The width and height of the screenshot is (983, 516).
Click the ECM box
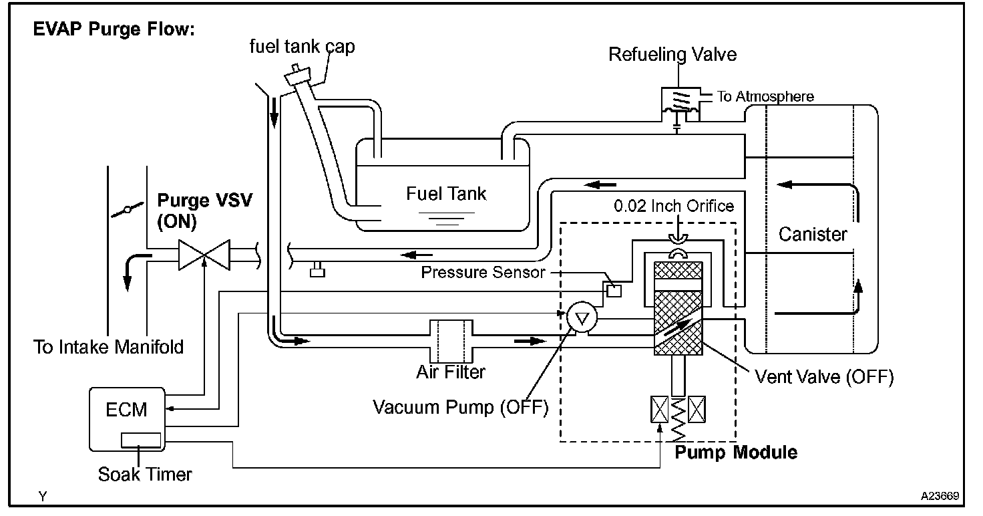(x=128, y=419)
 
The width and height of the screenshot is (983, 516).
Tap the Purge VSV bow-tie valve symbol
(x=204, y=255)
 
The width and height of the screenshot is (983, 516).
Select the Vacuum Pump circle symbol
(x=582, y=317)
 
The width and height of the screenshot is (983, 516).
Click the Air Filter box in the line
(x=451, y=341)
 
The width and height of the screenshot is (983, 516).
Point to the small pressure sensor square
(x=614, y=291)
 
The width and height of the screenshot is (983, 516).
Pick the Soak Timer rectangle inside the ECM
(x=141, y=440)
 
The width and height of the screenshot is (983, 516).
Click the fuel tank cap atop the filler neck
(x=298, y=76)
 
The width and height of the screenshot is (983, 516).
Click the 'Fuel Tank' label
(x=446, y=194)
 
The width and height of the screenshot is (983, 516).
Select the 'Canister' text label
(x=813, y=234)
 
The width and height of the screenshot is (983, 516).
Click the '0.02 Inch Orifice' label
(x=674, y=205)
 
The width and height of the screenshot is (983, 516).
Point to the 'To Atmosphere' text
(x=765, y=96)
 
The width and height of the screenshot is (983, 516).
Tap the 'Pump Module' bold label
(x=736, y=453)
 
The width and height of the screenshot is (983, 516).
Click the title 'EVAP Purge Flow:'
(x=114, y=29)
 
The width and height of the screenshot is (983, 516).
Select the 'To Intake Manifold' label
(x=108, y=347)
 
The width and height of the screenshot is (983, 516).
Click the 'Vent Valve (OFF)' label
(x=824, y=377)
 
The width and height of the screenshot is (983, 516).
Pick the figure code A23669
(x=940, y=496)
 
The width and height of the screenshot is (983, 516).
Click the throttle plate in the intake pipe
(x=128, y=209)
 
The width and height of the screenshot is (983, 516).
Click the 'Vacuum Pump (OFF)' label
(x=461, y=407)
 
